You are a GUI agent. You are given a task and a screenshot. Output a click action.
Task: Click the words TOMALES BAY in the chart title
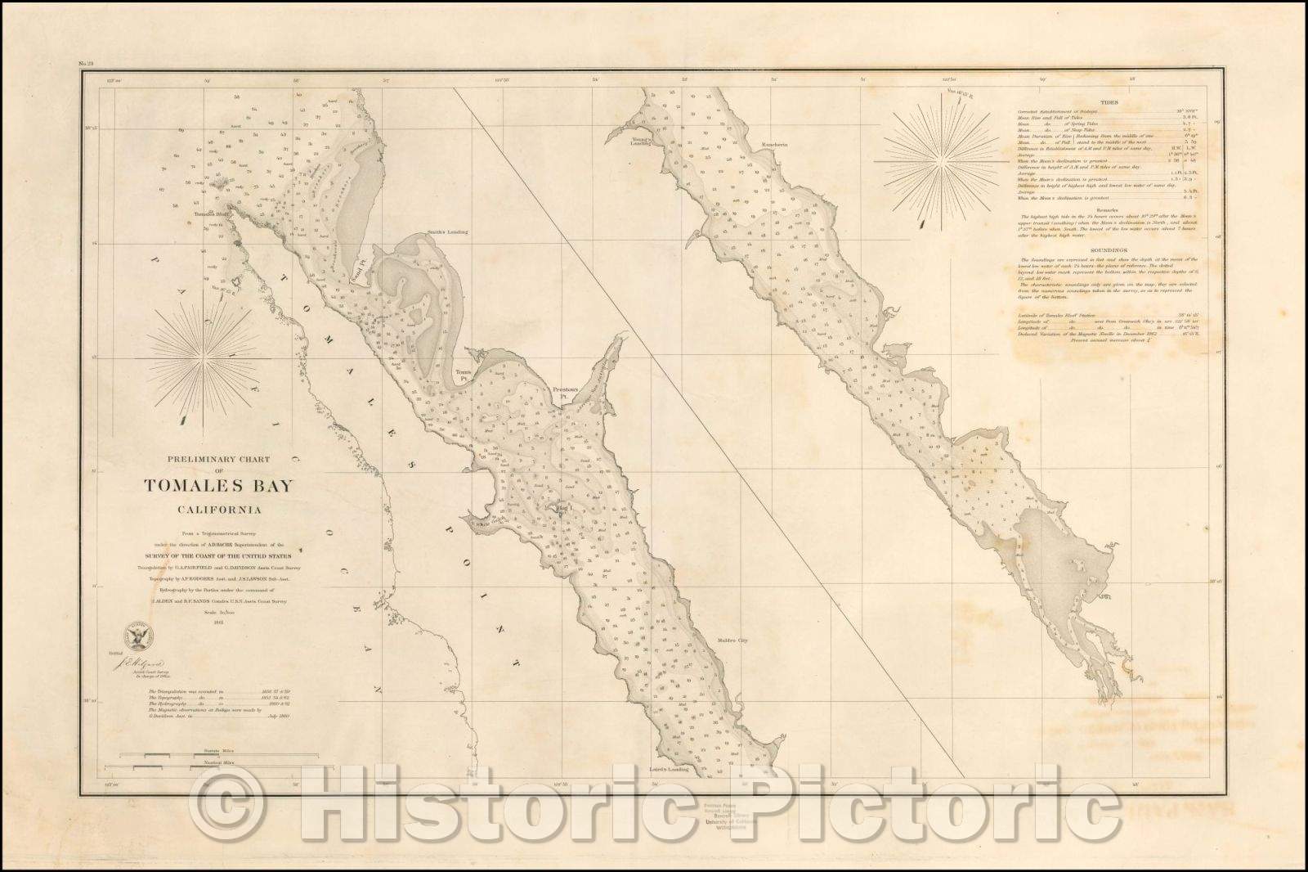(218, 486)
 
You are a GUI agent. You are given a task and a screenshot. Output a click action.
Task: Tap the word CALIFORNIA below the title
(218, 512)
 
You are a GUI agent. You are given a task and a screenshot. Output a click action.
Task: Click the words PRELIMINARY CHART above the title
(217, 459)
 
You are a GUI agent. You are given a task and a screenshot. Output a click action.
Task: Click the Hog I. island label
(564, 509)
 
